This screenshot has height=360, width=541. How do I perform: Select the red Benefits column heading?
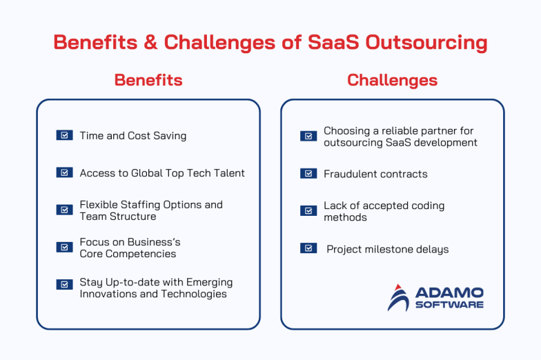click(148, 80)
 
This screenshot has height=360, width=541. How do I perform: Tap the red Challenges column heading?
click(392, 80)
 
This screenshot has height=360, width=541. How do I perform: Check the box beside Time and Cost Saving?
click(64, 135)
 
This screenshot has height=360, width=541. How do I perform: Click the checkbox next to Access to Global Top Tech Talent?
click(64, 172)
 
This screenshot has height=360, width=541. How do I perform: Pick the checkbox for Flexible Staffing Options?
click(64, 210)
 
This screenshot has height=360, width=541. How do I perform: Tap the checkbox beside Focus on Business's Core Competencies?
click(64, 247)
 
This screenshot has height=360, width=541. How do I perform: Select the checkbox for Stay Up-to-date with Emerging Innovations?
click(64, 284)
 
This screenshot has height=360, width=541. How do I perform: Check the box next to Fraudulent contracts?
click(308, 174)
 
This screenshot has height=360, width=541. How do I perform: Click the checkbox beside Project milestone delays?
click(308, 248)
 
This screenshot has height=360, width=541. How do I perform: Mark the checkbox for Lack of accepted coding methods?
click(308, 211)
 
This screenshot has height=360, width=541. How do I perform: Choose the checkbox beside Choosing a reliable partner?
click(308, 136)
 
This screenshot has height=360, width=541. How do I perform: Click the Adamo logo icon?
click(398, 297)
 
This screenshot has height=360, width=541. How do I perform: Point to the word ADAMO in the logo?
click(449, 292)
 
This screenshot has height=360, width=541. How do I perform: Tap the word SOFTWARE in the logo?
click(449, 305)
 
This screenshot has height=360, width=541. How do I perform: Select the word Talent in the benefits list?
click(228, 173)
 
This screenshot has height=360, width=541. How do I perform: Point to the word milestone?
click(390, 249)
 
